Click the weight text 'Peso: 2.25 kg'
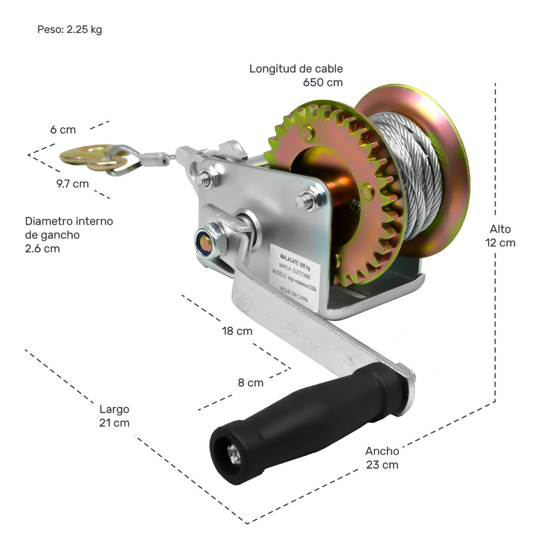pyautogui.click(x=69, y=30)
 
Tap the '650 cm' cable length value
pyautogui.click(x=322, y=82)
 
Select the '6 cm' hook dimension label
pyautogui.click(x=63, y=130)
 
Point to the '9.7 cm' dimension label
pyautogui.click(x=72, y=184)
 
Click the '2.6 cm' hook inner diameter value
pyautogui.click(x=42, y=249)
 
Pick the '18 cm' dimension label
pyautogui.click(x=237, y=331)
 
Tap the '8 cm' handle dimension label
pyautogui.click(x=250, y=383)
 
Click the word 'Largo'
pyautogui.click(x=114, y=409)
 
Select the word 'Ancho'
pyautogui.click(x=382, y=451)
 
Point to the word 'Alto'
pyautogui.click(x=500, y=229)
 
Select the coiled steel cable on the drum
pyautogui.click(x=408, y=174)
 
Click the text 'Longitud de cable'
pyautogui.click(x=296, y=69)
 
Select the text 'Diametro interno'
pyautogui.click(x=69, y=221)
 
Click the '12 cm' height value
pyautogui.click(x=500, y=243)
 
